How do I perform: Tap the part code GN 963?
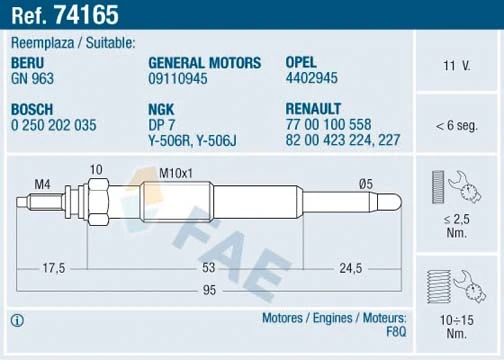pos(32,77)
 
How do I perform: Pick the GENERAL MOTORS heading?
pos(204,62)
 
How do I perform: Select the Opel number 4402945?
pos(313,77)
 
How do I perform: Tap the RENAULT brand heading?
pos(314,108)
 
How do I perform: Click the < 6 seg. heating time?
pos(458,126)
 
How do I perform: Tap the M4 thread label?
pos(42,183)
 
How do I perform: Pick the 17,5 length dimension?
pos(54,269)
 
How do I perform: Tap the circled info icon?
pos(16,320)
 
